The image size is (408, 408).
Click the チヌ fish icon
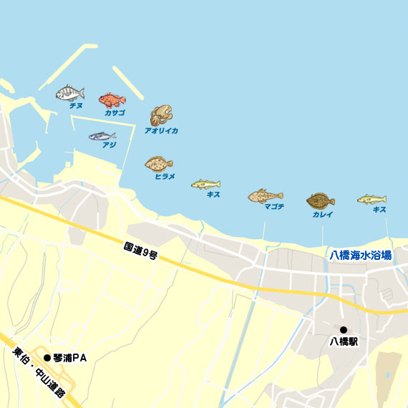70,93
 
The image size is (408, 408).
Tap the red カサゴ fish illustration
112,99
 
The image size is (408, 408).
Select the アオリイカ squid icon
161,115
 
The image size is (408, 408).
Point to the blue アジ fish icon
102,136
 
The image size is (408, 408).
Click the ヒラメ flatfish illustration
158,164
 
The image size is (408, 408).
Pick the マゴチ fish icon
266,195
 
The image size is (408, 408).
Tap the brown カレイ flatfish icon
321,200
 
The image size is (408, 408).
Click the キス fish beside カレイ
372,198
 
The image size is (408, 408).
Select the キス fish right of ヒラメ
205,184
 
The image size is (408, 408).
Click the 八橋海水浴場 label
360,256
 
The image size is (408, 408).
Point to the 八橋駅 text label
344,342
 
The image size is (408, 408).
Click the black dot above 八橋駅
344,330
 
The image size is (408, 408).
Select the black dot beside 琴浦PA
48,358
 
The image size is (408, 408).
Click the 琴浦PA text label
70,358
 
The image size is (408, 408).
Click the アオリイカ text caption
161,131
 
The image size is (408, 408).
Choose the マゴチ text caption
273,207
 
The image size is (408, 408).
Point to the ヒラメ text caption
165,176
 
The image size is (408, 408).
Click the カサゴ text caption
114,113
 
